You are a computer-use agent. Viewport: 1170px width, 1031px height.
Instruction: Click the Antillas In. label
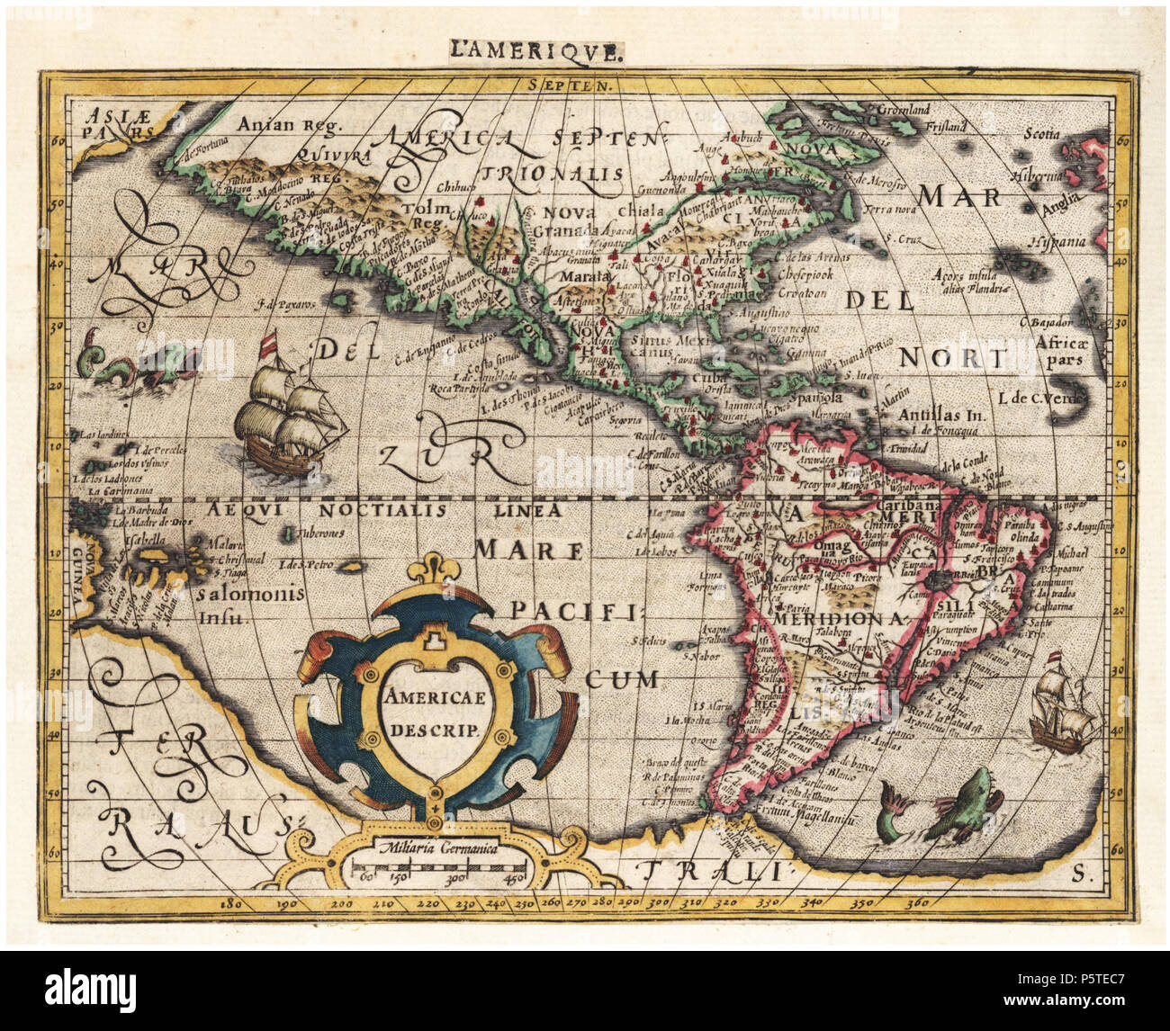tap(941, 417)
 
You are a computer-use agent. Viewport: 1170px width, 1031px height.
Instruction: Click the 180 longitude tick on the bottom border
tap(233, 901)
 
